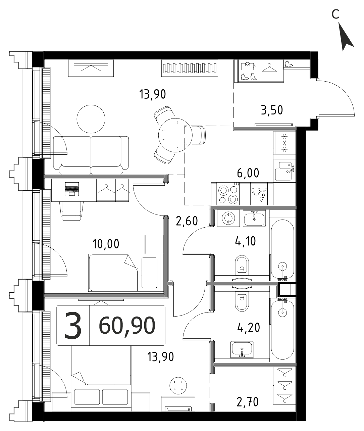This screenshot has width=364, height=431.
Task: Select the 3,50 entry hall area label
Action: [272, 110]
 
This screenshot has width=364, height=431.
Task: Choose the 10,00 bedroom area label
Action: [106, 244]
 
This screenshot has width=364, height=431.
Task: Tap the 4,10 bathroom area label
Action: [245, 241]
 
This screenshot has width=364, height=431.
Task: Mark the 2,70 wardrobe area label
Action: [247, 402]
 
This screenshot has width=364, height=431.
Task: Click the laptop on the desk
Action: [71, 189]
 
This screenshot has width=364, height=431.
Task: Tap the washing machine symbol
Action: [228, 218]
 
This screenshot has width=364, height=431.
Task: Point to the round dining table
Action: [175, 135]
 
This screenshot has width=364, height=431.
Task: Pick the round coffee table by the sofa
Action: [91, 119]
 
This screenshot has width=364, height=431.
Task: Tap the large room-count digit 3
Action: [73, 325]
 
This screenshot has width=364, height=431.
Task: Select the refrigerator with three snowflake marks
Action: [284, 143]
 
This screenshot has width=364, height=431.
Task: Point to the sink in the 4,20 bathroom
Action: [242, 349]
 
